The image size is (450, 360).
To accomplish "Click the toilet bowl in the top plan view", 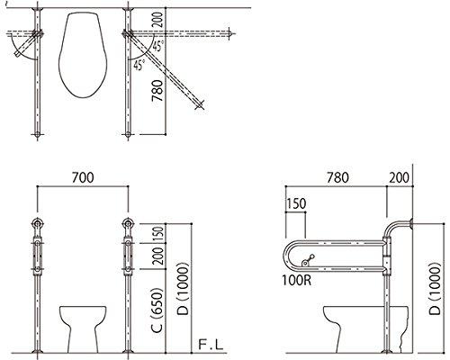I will pyautogui.click(x=82, y=56).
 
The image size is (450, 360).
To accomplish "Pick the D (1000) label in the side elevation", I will pyautogui.click(x=435, y=283).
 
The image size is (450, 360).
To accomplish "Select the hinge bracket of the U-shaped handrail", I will pyautogui.click(x=389, y=256).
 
